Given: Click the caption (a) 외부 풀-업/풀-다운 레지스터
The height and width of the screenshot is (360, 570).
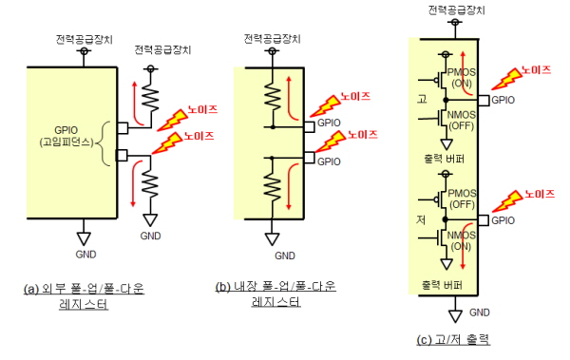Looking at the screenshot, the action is (84, 295).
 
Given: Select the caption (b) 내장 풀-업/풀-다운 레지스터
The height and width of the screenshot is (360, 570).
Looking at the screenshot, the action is (275, 294).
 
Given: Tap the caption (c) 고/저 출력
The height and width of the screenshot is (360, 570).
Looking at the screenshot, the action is (453, 340).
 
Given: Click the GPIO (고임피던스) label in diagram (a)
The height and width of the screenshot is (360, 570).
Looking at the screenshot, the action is (66, 136).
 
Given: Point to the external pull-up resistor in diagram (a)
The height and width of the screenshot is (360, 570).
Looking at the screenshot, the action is (150, 97).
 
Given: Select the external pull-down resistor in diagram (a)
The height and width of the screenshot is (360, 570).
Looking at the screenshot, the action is (150, 184).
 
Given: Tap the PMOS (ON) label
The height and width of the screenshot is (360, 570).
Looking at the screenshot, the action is (462, 78).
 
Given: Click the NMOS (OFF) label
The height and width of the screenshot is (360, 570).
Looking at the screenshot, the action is (462, 121).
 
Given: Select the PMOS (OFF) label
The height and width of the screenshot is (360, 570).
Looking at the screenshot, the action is (462, 199).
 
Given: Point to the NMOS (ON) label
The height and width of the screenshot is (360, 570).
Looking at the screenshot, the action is (462, 240).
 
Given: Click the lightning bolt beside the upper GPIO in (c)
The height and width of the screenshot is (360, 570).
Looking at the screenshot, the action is (506, 79).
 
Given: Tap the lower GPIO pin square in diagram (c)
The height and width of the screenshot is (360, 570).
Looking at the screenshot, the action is (484, 220).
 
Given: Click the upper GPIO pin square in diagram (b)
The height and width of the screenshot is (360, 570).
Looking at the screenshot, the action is (309, 127).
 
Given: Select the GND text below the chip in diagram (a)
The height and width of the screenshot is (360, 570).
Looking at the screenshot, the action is (85, 255).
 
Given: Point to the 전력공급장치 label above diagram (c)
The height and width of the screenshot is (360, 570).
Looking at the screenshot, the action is (456, 9).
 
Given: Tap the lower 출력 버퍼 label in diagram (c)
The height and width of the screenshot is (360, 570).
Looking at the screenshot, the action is (442, 285).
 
